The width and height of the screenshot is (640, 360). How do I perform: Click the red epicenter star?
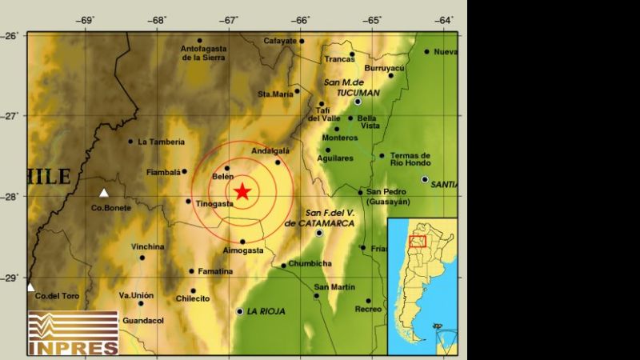tap(242, 190)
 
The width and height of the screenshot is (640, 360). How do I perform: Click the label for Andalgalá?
tap(270, 150)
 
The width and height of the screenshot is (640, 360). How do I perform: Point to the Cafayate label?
tap(280, 41)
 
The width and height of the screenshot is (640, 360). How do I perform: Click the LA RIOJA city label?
tap(267, 310)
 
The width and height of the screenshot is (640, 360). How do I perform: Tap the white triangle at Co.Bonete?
tap(103, 193)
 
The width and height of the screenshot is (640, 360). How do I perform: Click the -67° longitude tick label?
tap(230, 19)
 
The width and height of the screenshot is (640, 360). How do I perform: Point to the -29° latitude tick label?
tap(11, 278)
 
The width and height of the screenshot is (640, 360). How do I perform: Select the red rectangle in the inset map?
tap(417, 241)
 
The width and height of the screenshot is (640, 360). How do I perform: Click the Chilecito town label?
tap(192, 299)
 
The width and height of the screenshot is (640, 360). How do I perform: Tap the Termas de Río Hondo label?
tap(410, 159)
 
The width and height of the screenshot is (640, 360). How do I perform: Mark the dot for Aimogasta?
tap(242, 241)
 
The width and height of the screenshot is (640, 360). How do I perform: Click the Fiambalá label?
tap(165, 171)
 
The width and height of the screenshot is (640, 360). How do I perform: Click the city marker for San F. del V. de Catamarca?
tap(319, 233)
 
